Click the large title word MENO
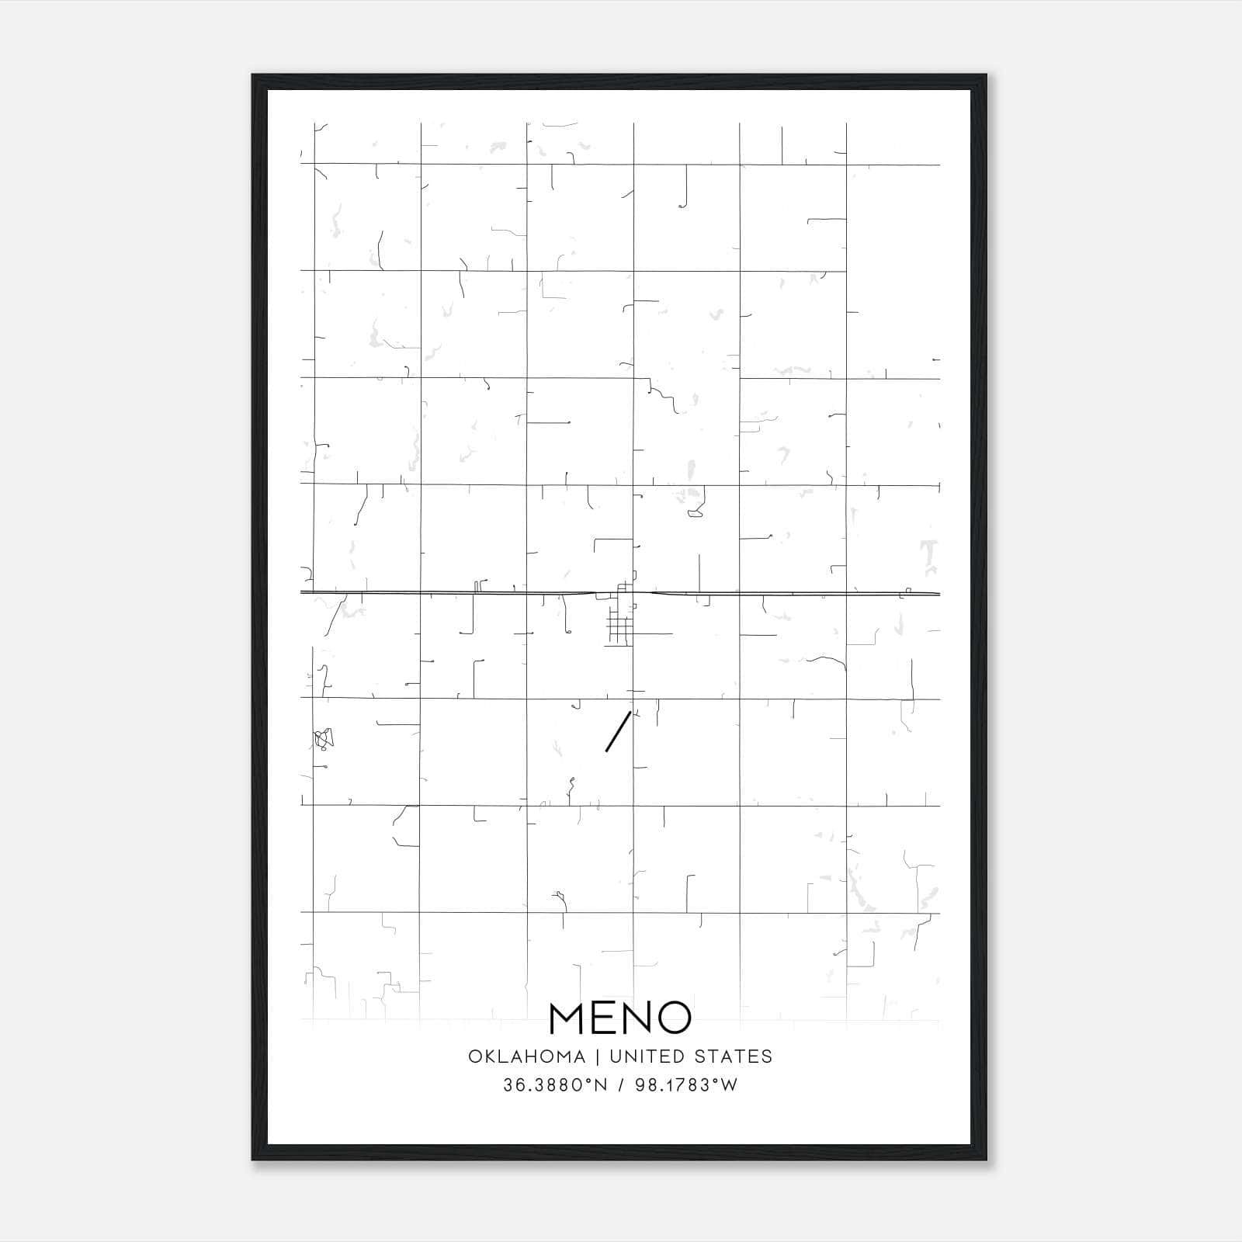(x=620, y=1018)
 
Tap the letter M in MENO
(x=568, y=1018)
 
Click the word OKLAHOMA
(x=526, y=1056)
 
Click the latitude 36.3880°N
(x=555, y=1085)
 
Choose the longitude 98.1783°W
(x=686, y=1085)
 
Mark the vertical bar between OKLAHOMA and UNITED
(x=598, y=1056)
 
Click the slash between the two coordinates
(x=621, y=1085)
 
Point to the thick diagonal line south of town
(x=618, y=731)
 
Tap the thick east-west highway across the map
(x=466, y=593)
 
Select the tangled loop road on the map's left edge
(x=324, y=738)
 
